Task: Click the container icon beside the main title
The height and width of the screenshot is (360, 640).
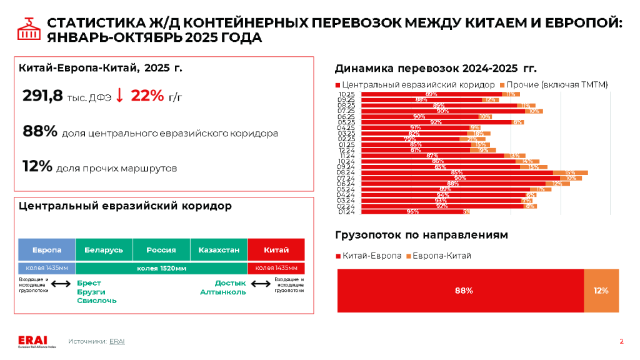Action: [27, 29]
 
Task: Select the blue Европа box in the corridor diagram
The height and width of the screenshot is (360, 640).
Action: [47, 250]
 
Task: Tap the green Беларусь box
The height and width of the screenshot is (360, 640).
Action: [104, 250]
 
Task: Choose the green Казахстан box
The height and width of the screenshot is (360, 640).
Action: [219, 250]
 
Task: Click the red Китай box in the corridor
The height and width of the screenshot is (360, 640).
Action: [276, 250]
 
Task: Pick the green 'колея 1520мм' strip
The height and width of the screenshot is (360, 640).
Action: [161, 268]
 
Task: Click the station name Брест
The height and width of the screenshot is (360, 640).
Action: [89, 283]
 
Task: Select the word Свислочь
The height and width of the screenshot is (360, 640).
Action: [96, 301]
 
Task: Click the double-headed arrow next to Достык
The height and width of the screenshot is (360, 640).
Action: [259, 284]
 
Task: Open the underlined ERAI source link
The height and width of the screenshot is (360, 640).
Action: [117, 341]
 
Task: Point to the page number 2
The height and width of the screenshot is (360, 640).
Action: [621, 341]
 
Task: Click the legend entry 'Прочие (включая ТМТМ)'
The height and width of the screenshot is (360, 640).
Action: [557, 84]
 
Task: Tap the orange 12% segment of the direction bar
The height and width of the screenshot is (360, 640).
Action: [601, 291]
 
